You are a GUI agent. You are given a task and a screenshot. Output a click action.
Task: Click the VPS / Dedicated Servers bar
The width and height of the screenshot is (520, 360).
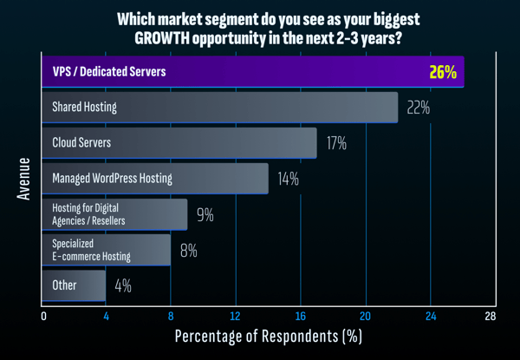(x=251, y=72)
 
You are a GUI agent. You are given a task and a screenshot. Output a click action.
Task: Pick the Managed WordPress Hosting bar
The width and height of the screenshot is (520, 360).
(x=155, y=179)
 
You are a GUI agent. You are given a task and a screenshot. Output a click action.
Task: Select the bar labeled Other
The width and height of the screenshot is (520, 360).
(x=74, y=285)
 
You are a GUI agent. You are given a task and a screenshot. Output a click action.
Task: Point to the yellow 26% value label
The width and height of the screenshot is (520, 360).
(x=443, y=72)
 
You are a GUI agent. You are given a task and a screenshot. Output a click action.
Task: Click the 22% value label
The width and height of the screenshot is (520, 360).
(x=416, y=108)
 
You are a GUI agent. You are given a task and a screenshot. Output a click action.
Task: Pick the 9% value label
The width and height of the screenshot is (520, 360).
(x=205, y=214)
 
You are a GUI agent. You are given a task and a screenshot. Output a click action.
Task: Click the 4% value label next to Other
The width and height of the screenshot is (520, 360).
(x=122, y=285)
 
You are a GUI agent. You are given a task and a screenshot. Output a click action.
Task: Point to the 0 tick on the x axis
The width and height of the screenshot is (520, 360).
(x=42, y=316)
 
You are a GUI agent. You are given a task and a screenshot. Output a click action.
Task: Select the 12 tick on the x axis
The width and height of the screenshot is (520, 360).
(x=235, y=316)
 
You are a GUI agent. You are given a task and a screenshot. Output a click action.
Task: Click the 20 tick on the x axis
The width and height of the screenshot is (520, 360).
(x=365, y=316)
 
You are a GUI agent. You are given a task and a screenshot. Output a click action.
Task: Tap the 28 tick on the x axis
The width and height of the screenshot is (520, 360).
(x=491, y=316)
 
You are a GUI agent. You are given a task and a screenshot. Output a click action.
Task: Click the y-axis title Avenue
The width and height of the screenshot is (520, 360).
(x=24, y=180)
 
